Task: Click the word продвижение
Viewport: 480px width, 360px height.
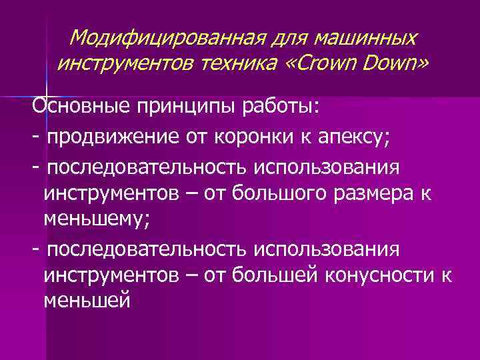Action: pyautogui.click(x=120, y=138)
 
